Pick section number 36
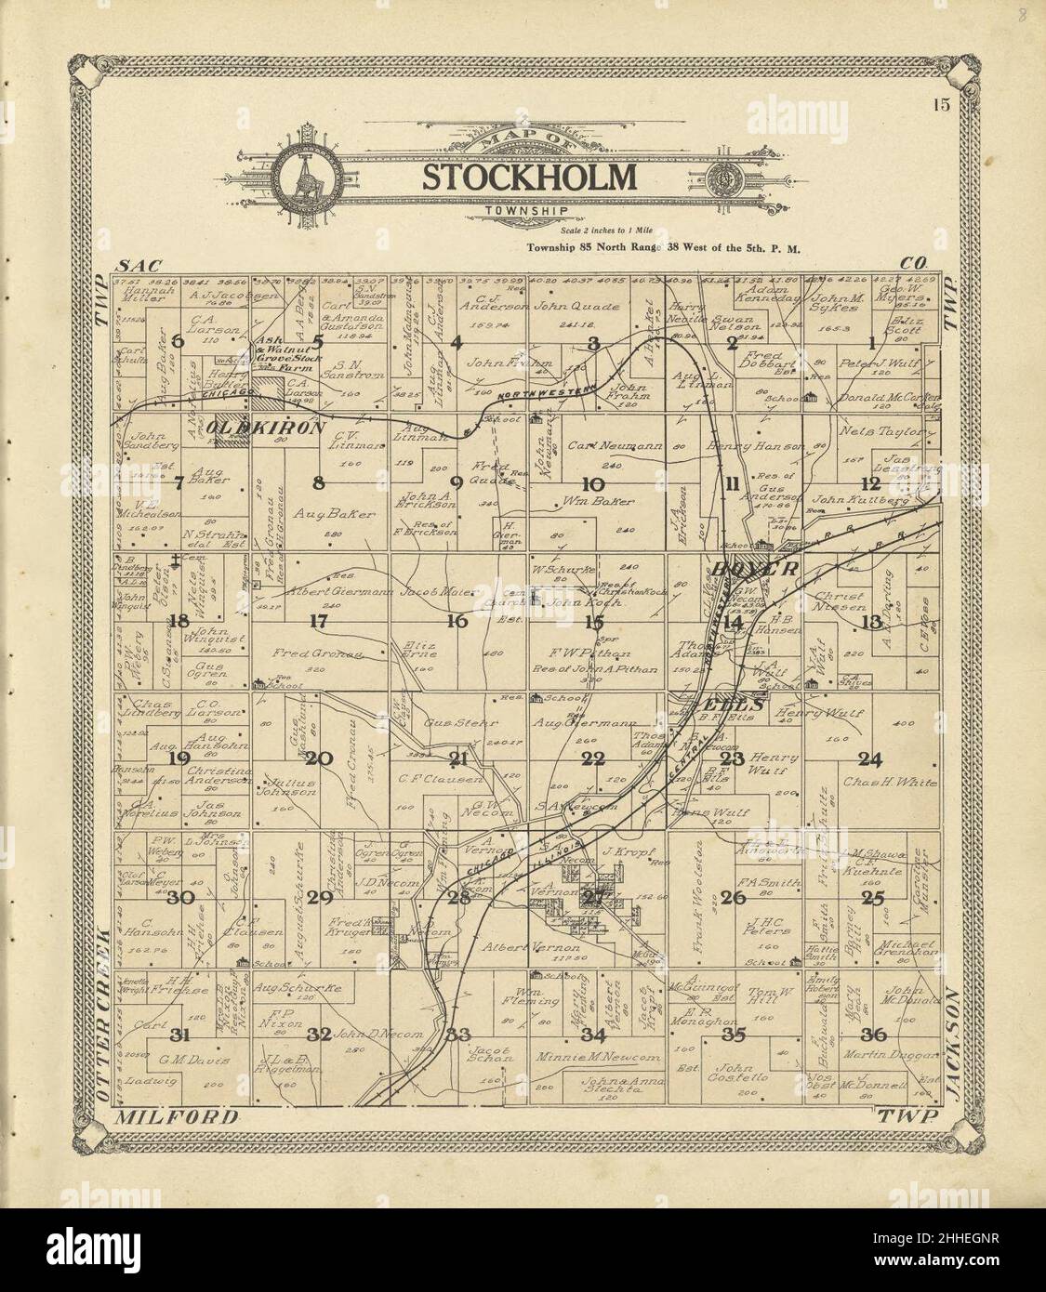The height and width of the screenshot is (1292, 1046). pyautogui.click(x=874, y=1035)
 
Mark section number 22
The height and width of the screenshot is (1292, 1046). pyautogui.click(x=593, y=758)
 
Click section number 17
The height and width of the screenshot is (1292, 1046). pyautogui.click(x=319, y=621)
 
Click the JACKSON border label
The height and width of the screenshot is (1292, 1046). pyautogui.click(x=949, y=1041)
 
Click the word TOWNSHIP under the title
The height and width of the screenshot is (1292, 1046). pyautogui.click(x=525, y=212)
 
